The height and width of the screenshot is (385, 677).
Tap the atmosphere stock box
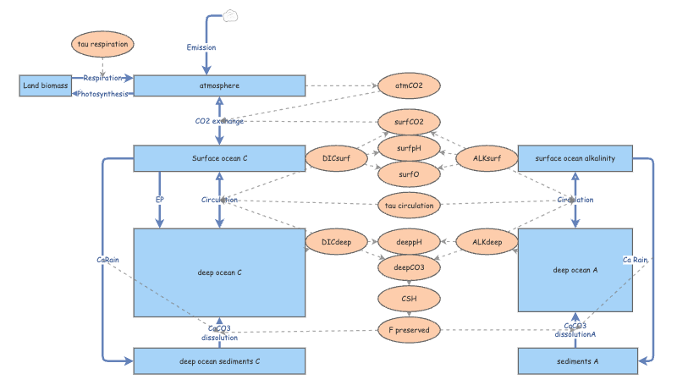pos(219,85)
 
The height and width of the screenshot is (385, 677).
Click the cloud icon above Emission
pos(231,15)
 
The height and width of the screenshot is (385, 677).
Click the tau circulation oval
pos(409,205)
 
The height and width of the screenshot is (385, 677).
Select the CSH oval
pos(409,299)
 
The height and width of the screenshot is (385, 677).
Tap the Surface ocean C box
pos(219,158)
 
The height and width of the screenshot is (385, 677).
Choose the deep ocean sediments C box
pos(219,361)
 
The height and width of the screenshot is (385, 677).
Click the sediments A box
pos(575,361)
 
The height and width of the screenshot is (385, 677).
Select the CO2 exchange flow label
pos(219,121)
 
